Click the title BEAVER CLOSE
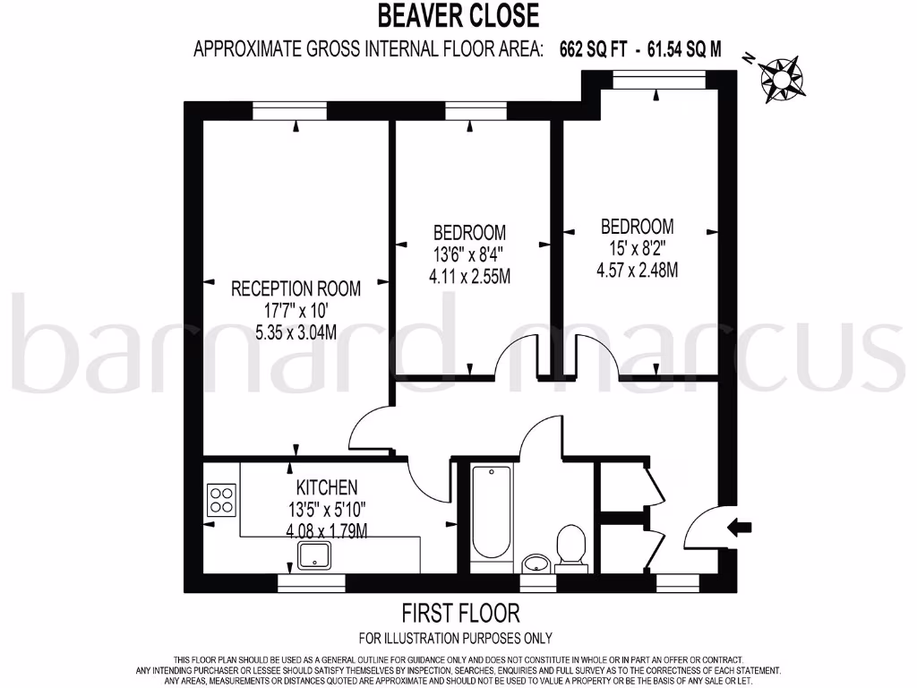click(458, 15)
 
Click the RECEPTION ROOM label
click(296, 288)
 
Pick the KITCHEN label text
click(327, 487)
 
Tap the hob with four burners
click(221, 499)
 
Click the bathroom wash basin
click(536, 563)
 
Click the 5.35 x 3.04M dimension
click(296, 333)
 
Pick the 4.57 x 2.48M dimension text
click(637, 270)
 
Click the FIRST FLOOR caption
click(459, 614)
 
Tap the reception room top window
click(294, 110)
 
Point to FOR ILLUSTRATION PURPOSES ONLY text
click(455, 639)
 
